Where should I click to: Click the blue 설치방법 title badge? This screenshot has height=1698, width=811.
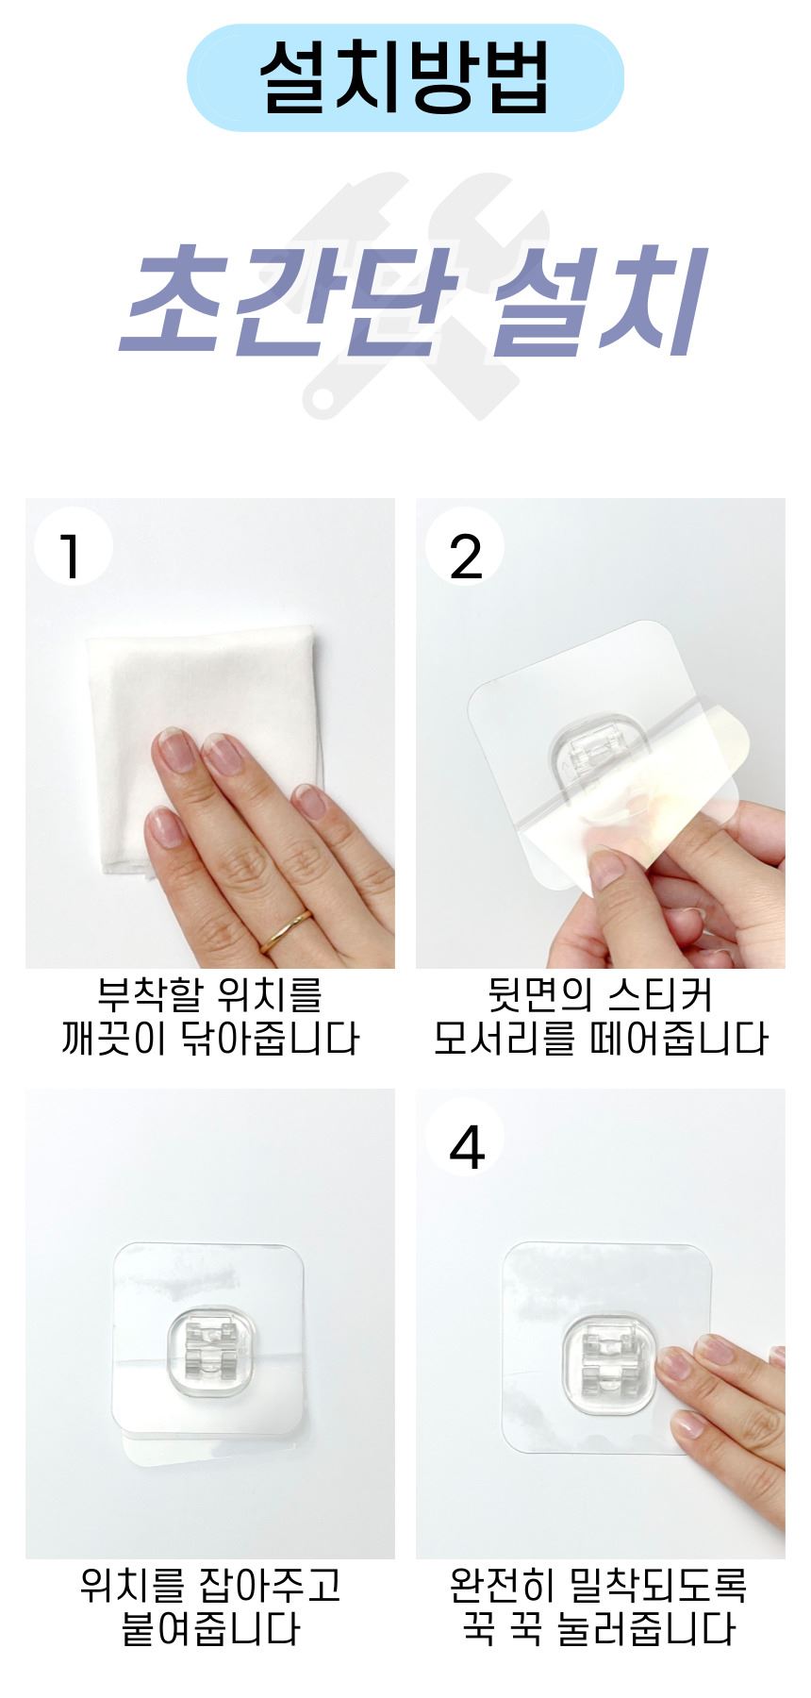click(405, 77)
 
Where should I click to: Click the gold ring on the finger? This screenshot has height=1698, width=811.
click(286, 927)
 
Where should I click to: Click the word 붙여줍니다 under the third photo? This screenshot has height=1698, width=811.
click(210, 1628)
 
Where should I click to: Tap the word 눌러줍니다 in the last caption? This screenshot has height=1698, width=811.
click(645, 1628)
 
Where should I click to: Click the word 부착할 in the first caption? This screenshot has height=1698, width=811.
click(150, 994)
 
